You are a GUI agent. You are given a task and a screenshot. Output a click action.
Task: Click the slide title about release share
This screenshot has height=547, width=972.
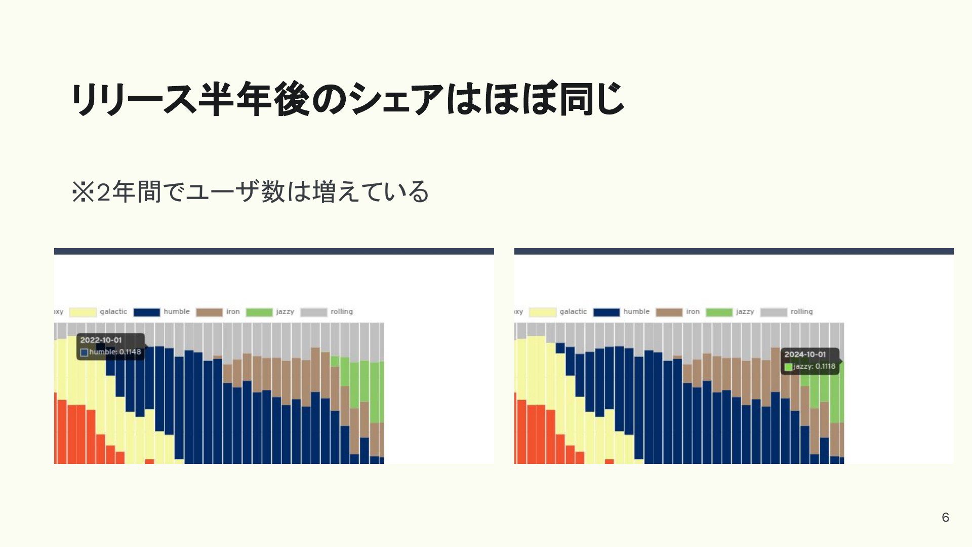(347, 98)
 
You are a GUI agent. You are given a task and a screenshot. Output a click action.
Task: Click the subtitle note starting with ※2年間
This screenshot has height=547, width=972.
(251, 192)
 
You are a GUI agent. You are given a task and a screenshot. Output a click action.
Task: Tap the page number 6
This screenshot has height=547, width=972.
(945, 517)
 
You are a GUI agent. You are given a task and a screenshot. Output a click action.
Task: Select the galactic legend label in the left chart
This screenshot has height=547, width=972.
(113, 311)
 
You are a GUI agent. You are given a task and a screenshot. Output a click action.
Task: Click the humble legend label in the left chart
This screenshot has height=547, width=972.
(177, 311)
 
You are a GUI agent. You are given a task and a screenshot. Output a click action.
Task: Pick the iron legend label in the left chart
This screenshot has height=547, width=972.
(233, 311)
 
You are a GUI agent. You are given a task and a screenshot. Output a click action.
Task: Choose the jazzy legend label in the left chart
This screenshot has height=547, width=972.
(285, 312)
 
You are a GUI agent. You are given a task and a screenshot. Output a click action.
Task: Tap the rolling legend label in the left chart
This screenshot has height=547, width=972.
(342, 311)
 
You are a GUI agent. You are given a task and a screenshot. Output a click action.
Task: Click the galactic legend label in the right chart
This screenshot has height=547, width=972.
(573, 311)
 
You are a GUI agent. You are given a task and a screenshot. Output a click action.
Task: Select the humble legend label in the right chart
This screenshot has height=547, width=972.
(636, 311)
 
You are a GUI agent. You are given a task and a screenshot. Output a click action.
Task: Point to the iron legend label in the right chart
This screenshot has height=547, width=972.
(693, 311)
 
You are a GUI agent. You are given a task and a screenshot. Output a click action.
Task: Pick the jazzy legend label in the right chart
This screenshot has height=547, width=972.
(745, 312)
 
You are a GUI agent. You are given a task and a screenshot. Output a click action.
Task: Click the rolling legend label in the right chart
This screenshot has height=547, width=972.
(801, 311)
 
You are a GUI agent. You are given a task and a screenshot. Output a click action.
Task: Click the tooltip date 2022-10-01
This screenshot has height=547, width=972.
(101, 340)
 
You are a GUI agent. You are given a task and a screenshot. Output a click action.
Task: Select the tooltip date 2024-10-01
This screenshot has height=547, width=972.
(805, 355)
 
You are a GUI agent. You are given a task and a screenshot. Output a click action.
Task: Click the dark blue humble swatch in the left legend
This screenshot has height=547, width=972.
(147, 312)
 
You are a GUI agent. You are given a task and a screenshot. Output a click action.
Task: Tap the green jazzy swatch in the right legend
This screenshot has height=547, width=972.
(719, 312)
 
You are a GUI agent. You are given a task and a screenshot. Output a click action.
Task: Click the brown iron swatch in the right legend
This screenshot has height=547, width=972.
(669, 312)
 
